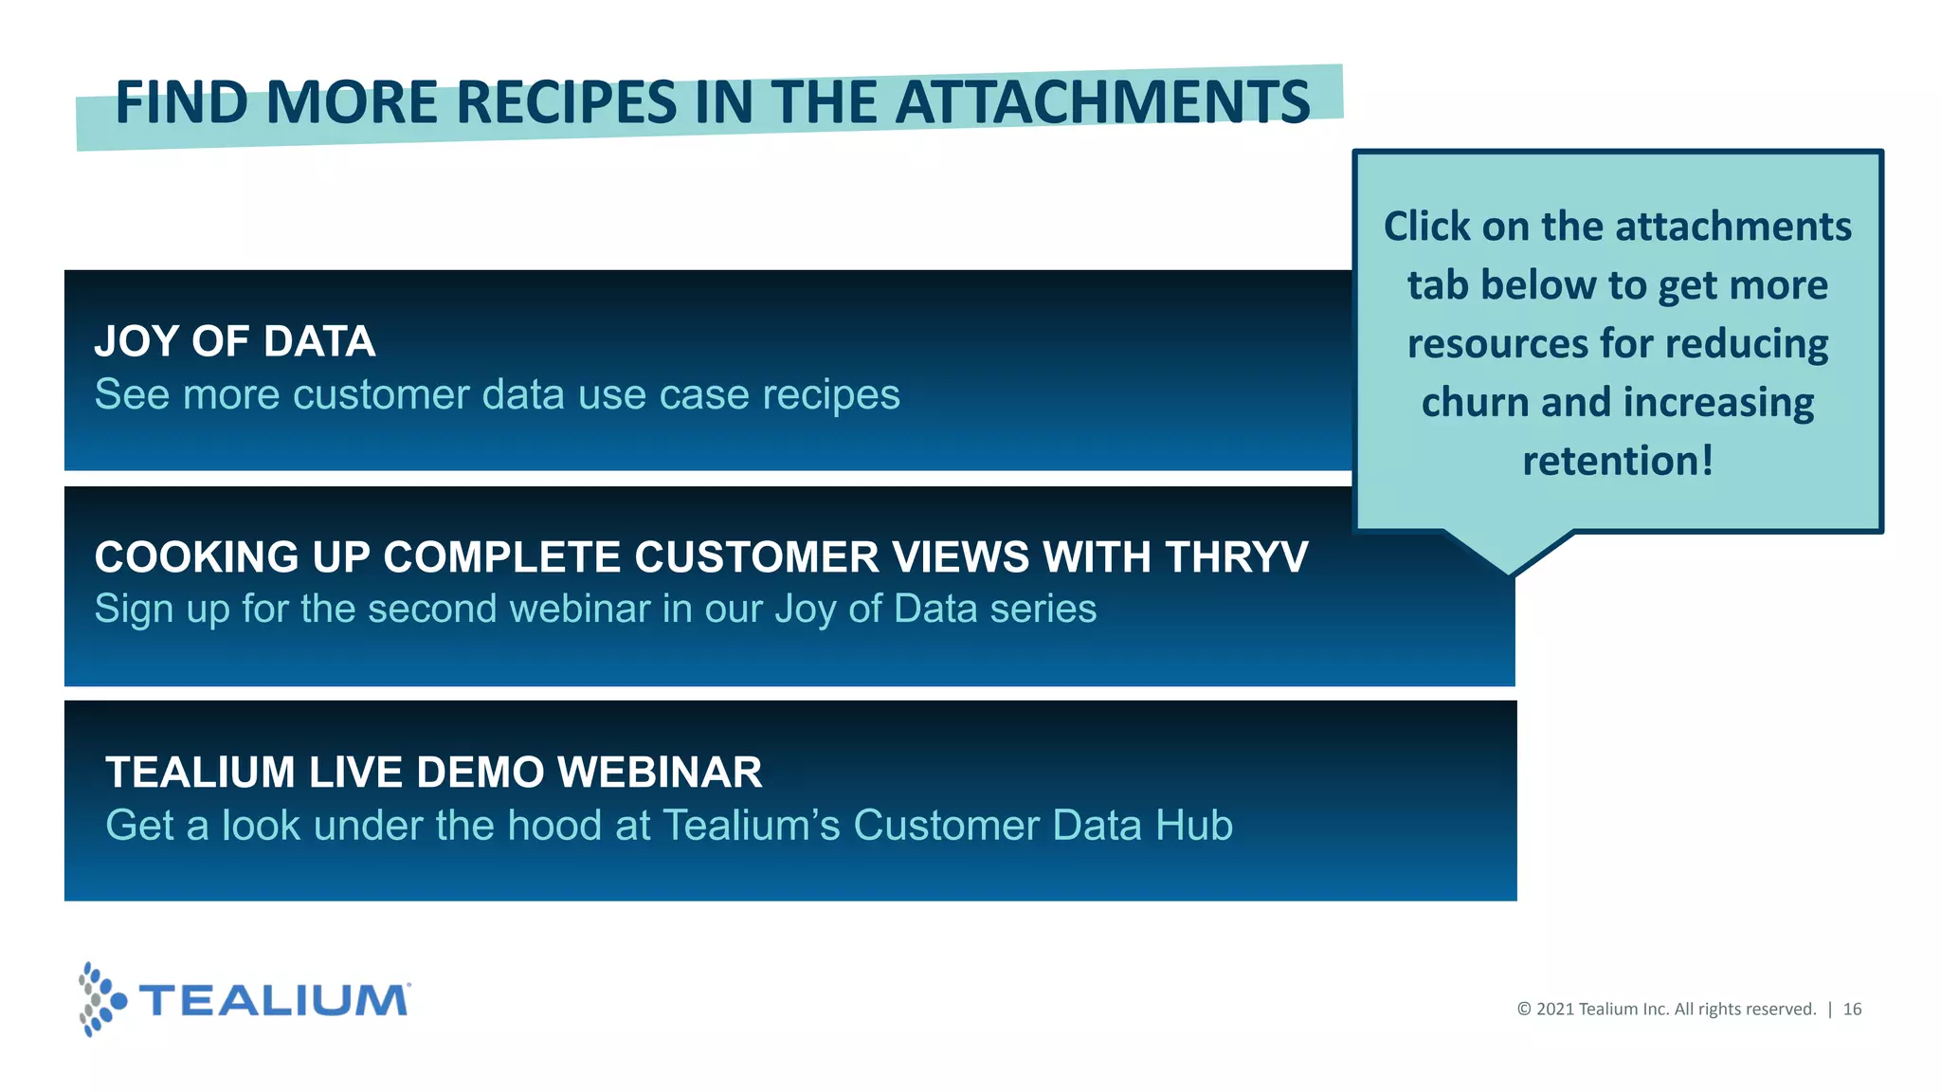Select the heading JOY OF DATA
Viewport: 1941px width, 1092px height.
click(235, 341)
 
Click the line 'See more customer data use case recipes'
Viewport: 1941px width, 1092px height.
click(497, 394)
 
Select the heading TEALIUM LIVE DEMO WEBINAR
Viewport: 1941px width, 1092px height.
click(433, 773)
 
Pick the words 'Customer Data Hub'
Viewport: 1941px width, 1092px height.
click(1043, 826)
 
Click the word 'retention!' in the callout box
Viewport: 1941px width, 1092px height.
click(1618, 462)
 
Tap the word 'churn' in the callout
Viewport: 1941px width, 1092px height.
click(1475, 403)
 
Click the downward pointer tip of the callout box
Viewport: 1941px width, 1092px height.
click(1510, 571)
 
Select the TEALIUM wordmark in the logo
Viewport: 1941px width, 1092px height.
click(275, 1001)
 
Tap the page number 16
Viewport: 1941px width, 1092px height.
click(1852, 1010)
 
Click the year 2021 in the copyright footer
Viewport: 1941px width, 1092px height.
click(1554, 1010)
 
